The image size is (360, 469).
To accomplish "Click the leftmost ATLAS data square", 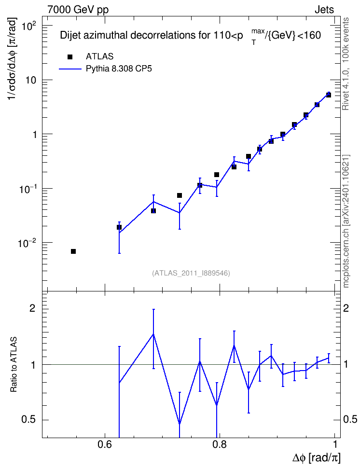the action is [73, 251].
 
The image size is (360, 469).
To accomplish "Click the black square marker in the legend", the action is [70, 57].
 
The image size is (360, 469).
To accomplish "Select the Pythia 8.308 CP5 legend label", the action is [119, 69].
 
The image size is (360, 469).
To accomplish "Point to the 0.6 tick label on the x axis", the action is [105, 444].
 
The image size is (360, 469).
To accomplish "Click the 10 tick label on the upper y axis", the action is [30, 81].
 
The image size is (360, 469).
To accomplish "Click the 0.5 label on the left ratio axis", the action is [28, 420].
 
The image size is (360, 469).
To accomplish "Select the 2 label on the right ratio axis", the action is [346, 308].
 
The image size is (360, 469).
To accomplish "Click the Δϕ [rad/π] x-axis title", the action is [316, 458].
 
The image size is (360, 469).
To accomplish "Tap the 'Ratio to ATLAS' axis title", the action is [14, 365].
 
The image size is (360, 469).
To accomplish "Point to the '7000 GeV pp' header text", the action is [78, 10].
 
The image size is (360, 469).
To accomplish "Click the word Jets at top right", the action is [324, 10].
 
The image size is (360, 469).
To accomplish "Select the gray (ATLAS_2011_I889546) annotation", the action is [191, 273].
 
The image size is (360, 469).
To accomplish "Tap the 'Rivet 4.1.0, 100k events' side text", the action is [346, 64].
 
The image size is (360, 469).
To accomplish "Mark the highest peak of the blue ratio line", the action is [153, 334].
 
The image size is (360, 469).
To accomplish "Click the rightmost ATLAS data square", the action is [328, 95].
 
